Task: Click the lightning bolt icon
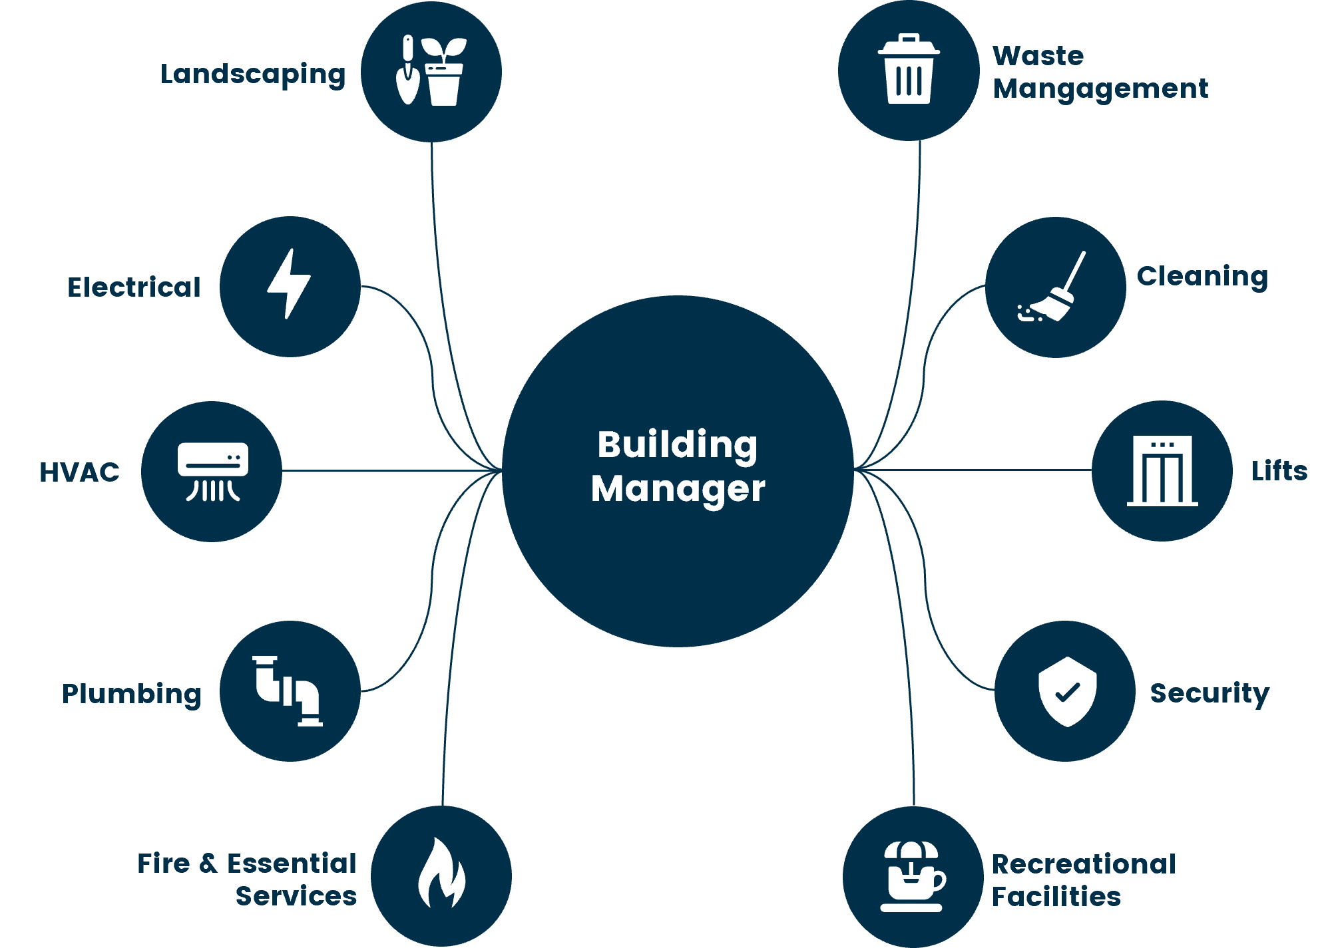[289, 284]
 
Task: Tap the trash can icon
[909, 69]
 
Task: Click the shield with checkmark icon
[1067, 692]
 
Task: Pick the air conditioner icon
[212, 471]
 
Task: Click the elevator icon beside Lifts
[1162, 471]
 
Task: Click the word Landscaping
[253, 75]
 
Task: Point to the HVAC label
[79, 472]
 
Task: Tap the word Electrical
[134, 287]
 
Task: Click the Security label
[1210, 693]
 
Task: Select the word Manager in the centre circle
[678, 489]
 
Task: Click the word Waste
[1038, 56]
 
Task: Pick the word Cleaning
[1202, 276]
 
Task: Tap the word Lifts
[1279, 471]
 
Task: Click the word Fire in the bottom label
[164, 864]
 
